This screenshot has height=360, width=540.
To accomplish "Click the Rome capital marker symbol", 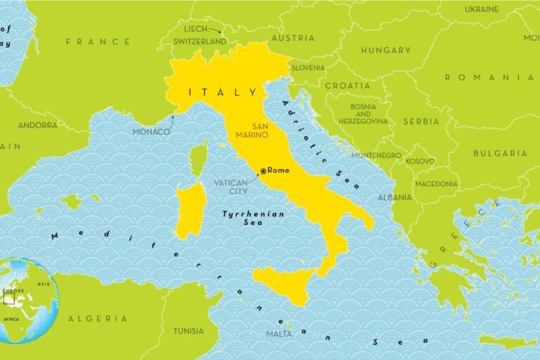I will tap(263, 171).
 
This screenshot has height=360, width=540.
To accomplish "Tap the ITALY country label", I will tap(222, 92).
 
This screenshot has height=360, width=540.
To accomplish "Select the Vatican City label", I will tap(231, 187).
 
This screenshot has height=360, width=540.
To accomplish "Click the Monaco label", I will tap(151, 131).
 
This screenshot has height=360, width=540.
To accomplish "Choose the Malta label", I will tap(279, 334).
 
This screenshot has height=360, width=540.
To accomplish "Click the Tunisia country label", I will tap(188, 331).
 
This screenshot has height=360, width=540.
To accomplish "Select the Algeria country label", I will tap(98, 319).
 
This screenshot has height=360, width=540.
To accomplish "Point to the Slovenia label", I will tap(307, 68).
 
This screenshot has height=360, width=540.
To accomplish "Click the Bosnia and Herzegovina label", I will tap(363, 114).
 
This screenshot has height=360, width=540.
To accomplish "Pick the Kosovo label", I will tap(420, 161).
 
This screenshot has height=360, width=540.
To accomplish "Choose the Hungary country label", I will tap(385, 51).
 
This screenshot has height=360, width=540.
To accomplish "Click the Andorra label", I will tap(38, 125).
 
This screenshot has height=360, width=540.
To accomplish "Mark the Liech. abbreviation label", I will tap(196, 29).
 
